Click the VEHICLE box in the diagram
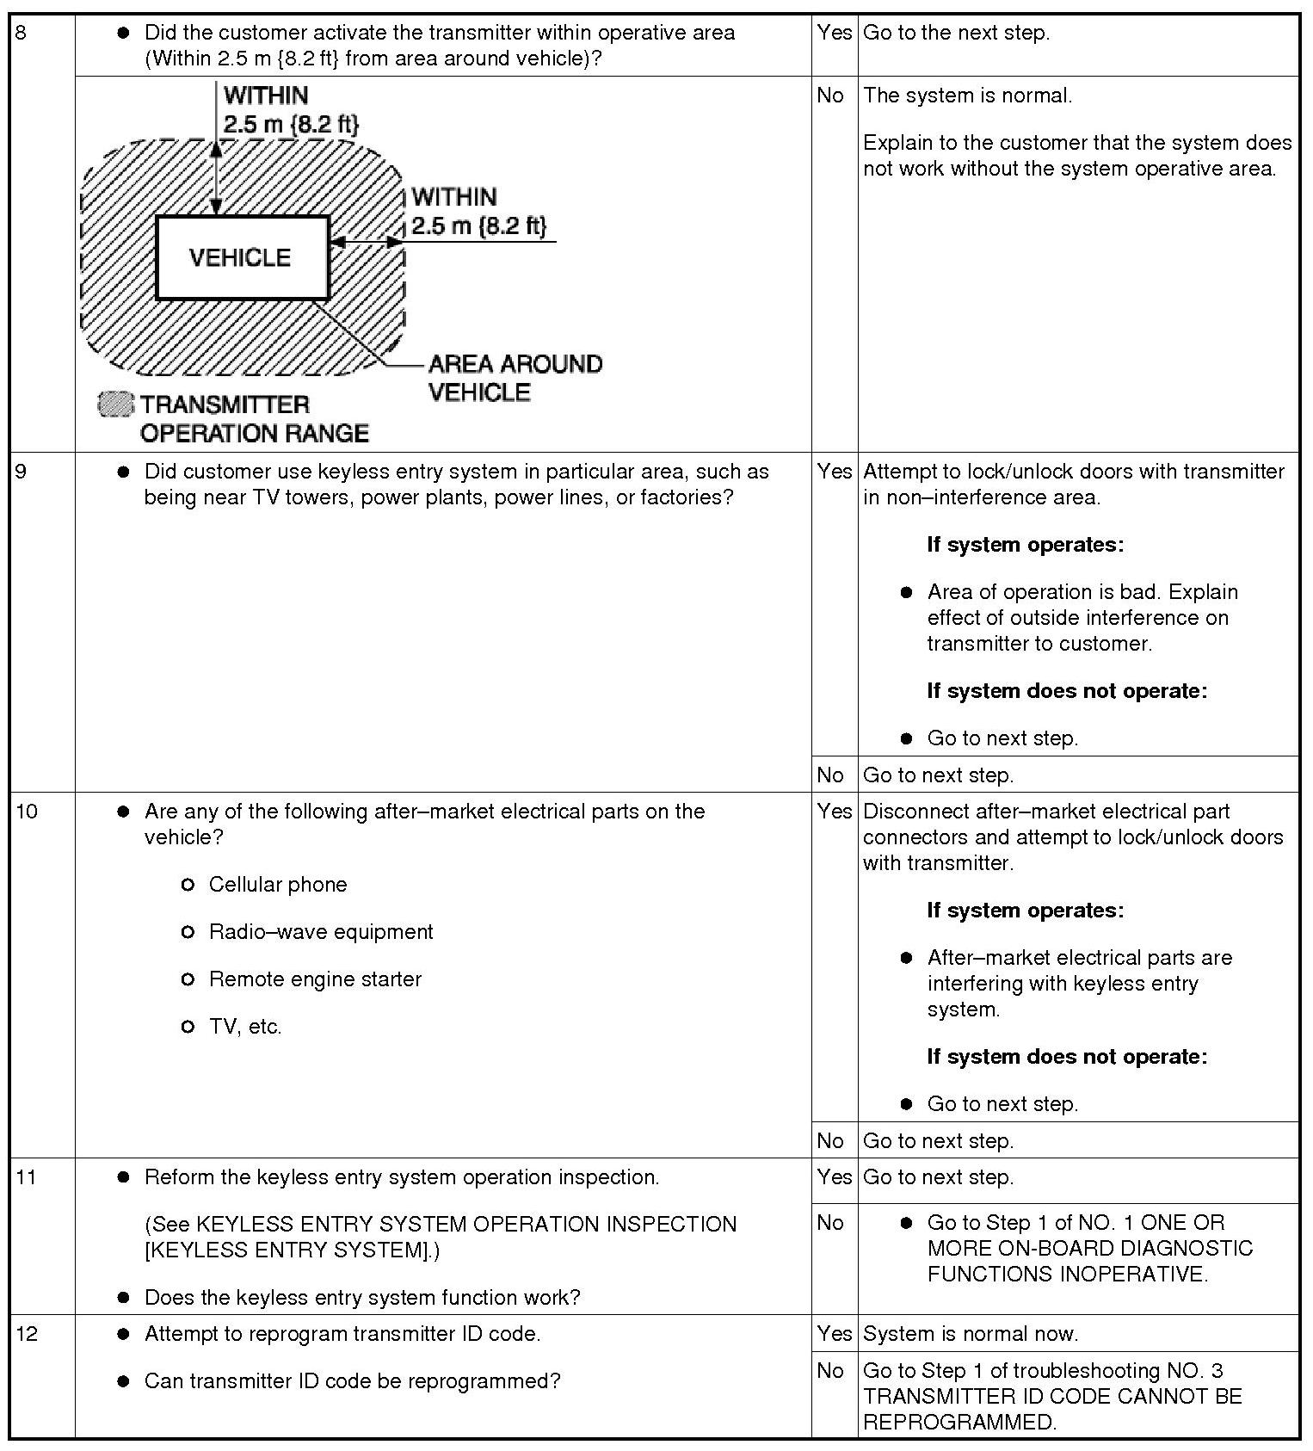click(x=242, y=257)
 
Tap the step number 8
click(x=22, y=34)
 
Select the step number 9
click(x=22, y=472)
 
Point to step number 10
click(x=27, y=812)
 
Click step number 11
click(x=27, y=1177)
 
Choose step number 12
click(x=27, y=1334)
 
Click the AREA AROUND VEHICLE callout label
click(x=515, y=378)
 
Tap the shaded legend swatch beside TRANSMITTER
click(x=116, y=404)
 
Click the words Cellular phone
click(x=277, y=885)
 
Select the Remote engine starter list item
click(x=315, y=979)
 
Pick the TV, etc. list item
click(x=245, y=1027)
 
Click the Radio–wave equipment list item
click(x=321, y=932)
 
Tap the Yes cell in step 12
click(x=834, y=1334)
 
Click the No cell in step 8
click(x=830, y=96)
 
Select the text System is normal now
click(x=970, y=1334)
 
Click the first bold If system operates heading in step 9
click(x=1025, y=545)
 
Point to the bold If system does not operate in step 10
click(x=1067, y=1057)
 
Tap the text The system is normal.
click(x=967, y=96)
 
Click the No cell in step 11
click(x=830, y=1223)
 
